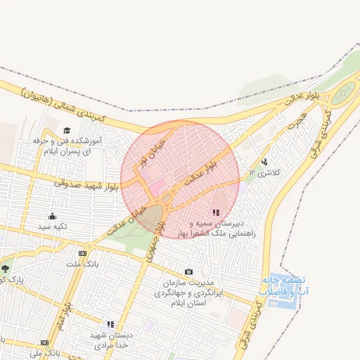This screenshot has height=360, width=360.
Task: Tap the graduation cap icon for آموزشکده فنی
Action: pyautogui.click(x=67, y=130)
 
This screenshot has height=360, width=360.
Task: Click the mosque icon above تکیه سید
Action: pyautogui.click(x=52, y=216)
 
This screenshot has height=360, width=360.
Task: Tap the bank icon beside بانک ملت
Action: pyautogui.click(x=83, y=253)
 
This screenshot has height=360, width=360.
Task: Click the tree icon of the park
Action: pyautogui.click(x=6, y=268)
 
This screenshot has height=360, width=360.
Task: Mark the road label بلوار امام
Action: pyautogui.click(x=65, y=318)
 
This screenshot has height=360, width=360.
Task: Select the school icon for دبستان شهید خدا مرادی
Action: pyautogui.click(x=110, y=324)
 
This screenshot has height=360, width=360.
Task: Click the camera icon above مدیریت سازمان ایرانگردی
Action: pyautogui.click(x=188, y=271)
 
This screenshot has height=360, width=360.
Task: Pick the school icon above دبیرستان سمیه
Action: pyautogui.click(x=216, y=212)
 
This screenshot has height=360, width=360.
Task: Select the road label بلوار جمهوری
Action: pyautogui.click(x=156, y=240)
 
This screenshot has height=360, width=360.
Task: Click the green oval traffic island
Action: pyautogui.click(x=344, y=94)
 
